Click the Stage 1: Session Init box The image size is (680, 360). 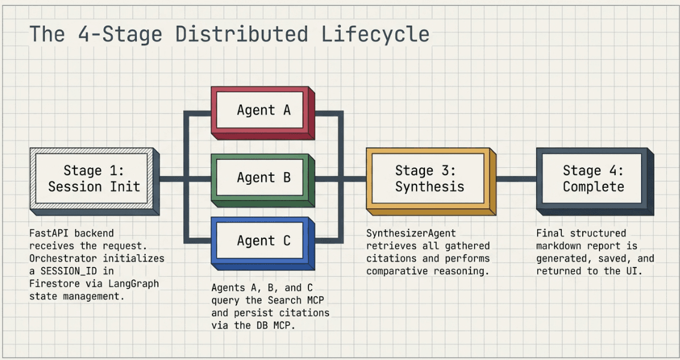pos(94,178)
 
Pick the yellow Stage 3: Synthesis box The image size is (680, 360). pos(429,178)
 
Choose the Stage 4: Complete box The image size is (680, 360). pos(592,178)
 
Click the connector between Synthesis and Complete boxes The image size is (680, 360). pos(516,178)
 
